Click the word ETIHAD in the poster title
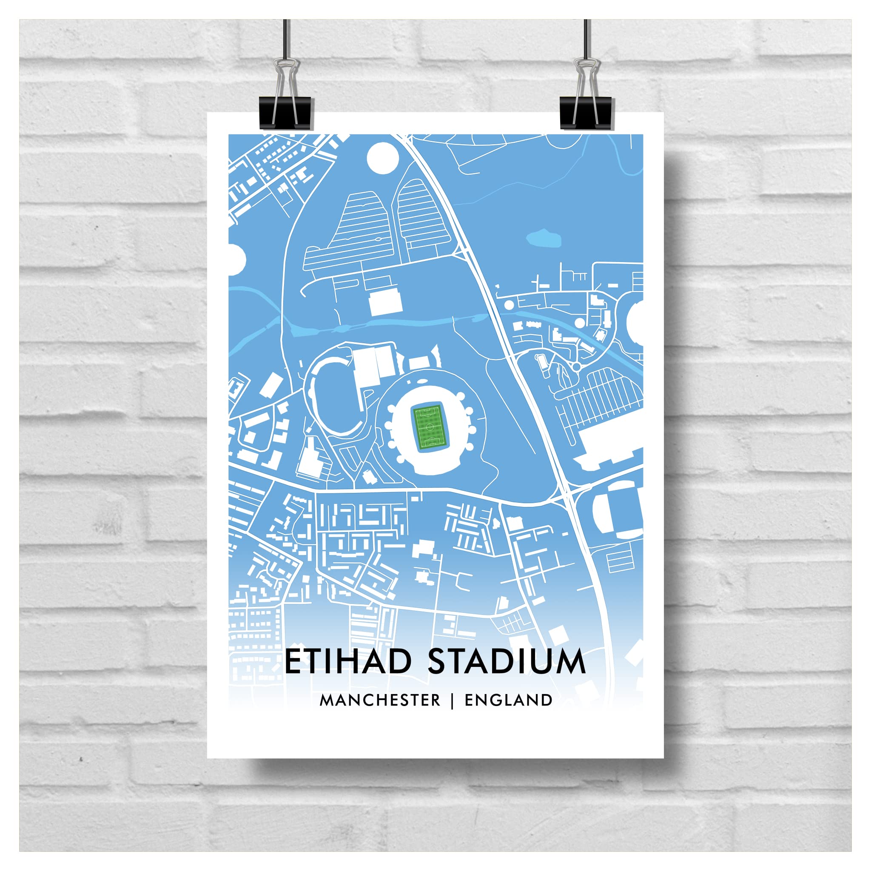pyautogui.click(x=348, y=661)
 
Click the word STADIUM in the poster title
pyautogui.click(x=506, y=661)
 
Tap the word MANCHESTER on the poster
pyautogui.click(x=380, y=700)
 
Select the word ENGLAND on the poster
pyautogui.click(x=509, y=700)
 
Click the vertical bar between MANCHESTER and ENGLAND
pyautogui.click(x=452, y=700)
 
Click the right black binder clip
pyautogui.click(x=586, y=113)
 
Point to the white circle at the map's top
pyautogui.click(x=383, y=158)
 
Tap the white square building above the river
pyautogui.click(x=385, y=302)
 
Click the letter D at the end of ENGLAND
pyautogui.click(x=547, y=700)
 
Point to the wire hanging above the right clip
pyautogui.click(x=586, y=40)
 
